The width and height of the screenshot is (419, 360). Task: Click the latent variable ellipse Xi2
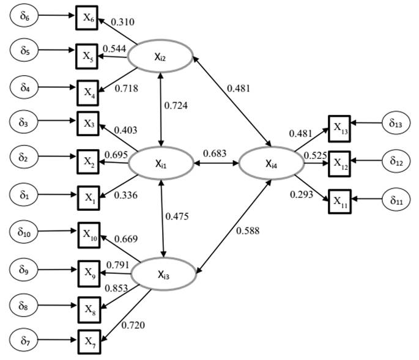coord(160,57)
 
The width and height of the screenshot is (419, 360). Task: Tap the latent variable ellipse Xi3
coord(164,273)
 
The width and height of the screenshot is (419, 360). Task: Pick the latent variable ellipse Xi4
coord(270,163)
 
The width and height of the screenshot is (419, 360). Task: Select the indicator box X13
coord(339,127)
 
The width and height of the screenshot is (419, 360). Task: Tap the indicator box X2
coord(87,161)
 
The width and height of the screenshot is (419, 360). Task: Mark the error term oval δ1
coord(24,196)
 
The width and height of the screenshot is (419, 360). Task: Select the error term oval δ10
coord(25,232)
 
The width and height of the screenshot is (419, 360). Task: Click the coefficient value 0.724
coord(176,105)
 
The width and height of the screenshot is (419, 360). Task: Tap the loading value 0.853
coord(119,288)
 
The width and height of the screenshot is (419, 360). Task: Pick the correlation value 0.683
coord(215,152)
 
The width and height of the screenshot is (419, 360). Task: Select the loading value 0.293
coord(301,195)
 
